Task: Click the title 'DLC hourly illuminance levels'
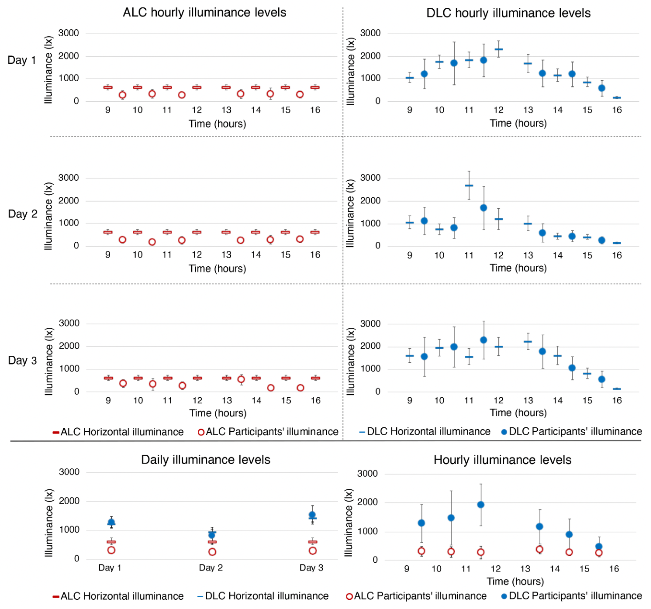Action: [508, 13]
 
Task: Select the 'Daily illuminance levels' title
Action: [206, 460]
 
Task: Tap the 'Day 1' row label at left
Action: [21, 60]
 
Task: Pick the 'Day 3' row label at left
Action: [22, 360]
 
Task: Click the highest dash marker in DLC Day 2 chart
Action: [469, 186]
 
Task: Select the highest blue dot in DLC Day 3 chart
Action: [484, 340]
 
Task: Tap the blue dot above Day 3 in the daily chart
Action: [312, 515]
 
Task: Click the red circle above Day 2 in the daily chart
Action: [212, 552]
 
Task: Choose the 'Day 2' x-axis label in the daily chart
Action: [211, 568]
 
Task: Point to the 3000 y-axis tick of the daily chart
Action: [69, 472]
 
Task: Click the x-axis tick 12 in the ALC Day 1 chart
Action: [197, 110]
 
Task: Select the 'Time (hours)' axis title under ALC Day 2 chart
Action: [218, 269]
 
